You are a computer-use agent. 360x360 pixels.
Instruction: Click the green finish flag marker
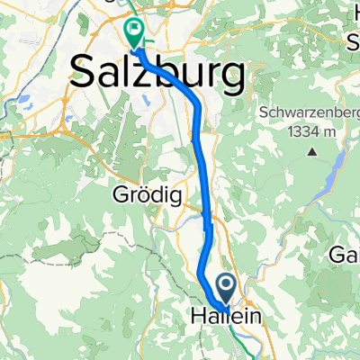[x=135, y=33]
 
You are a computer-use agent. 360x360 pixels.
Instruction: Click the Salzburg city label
[x=157, y=71]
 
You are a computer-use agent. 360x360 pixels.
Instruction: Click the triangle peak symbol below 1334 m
[x=311, y=150]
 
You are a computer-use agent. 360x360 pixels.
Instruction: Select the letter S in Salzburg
[x=84, y=72]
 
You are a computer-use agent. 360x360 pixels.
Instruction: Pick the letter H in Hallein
[x=199, y=318]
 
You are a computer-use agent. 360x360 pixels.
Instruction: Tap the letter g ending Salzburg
[x=233, y=76]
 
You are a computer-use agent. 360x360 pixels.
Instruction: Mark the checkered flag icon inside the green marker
[x=135, y=30]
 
